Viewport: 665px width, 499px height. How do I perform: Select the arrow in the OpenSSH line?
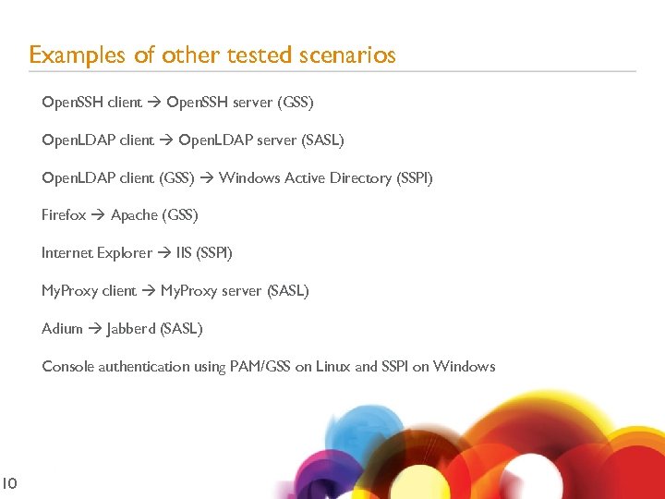154,103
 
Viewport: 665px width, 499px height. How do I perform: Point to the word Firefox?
64,215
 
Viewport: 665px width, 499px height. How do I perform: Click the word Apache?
134,215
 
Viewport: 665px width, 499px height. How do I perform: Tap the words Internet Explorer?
97,252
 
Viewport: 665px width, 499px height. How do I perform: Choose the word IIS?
184,252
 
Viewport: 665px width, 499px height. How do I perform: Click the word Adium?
62,328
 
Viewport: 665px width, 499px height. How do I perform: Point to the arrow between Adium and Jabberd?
94,328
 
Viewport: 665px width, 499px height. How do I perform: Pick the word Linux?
332,367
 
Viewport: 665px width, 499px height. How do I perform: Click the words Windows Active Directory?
305,177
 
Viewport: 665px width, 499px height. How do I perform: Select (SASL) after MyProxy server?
287,291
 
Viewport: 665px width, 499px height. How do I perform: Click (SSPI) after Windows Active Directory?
414,177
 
